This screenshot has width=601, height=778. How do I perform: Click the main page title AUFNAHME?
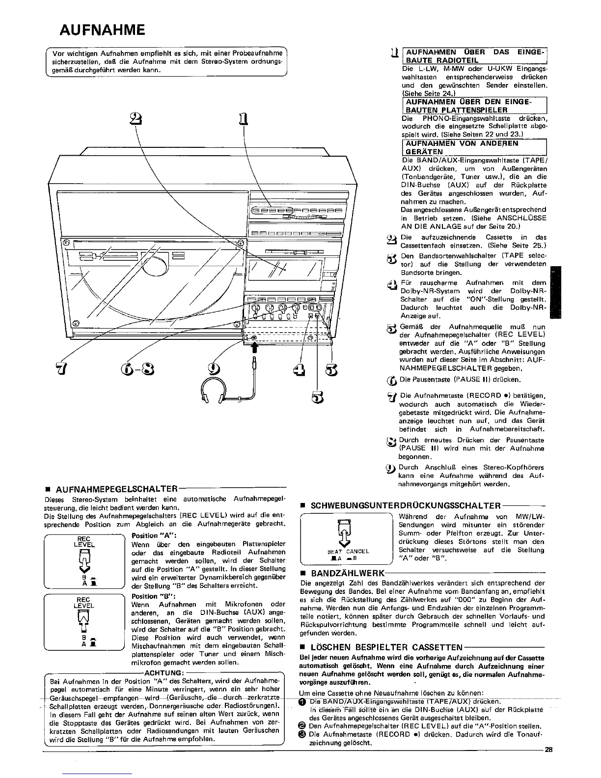pyautogui.click(x=102, y=30)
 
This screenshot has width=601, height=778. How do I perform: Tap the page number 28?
pyautogui.click(x=548, y=750)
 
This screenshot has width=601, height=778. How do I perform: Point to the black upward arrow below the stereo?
pyautogui.click(x=254, y=348)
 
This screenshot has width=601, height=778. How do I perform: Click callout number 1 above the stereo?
pyautogui.click(x=243, y=119)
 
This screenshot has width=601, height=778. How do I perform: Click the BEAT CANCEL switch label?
pyautogui.click(x=348, y=551)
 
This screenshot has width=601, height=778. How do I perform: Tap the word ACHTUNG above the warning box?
pyautogui.click(x=163, y=672)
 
